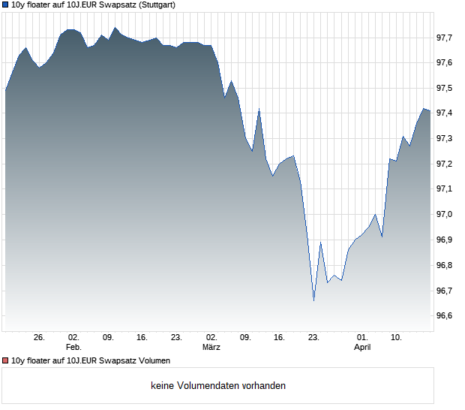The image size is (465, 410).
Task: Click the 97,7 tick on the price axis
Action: (445, 37)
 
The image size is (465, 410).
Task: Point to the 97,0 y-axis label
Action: (445, 215)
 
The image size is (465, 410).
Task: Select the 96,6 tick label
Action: (445, 316)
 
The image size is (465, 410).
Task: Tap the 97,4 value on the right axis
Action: (445, 113)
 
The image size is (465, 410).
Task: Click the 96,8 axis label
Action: (445, 265)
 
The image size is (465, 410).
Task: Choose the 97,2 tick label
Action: (445, 164)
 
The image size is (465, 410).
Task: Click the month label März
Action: (211, 348)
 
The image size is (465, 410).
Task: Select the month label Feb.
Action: (73, 348)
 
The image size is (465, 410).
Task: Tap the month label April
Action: (362, 348)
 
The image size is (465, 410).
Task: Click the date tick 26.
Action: (40, 338)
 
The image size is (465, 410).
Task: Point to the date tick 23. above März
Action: (177, 338)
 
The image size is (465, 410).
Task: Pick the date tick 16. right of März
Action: (280, 338)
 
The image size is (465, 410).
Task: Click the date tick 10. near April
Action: (397, 338)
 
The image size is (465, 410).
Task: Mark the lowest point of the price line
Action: (313, 301)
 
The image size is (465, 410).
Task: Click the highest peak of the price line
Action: (115, 28)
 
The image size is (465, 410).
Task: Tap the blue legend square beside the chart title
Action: (6, 5)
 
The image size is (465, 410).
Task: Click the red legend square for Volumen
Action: (6, 361)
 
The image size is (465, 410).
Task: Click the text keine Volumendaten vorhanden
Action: (218, 386)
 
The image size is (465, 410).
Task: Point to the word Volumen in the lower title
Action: (154, 361)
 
